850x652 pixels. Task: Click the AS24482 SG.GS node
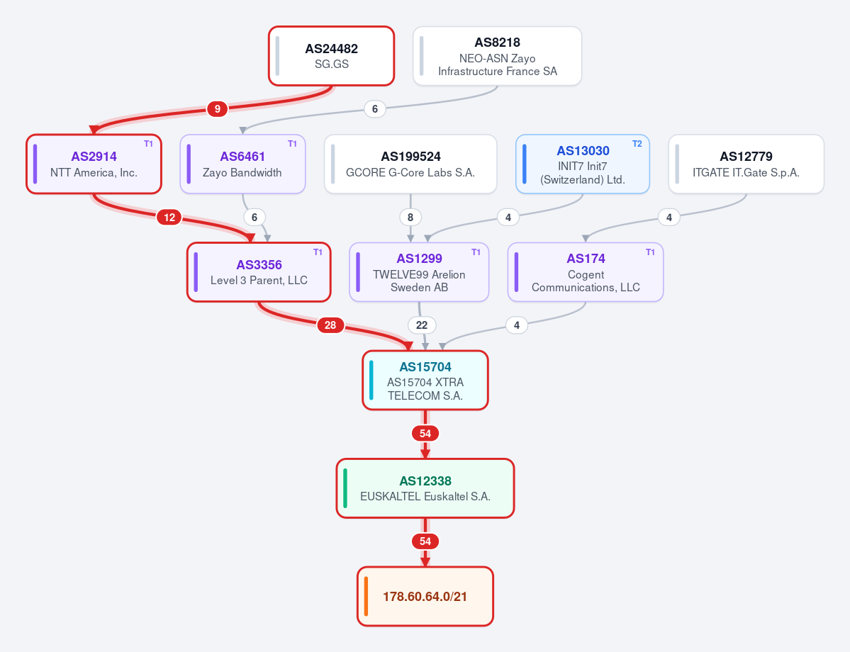[x=331, y=56]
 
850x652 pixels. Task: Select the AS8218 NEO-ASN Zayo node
[x=497, y=56]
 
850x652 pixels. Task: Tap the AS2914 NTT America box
[x=94, y=164]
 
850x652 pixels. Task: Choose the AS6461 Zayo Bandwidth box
[x=242, y=164]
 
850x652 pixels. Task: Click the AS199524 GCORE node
[x=410, y=164]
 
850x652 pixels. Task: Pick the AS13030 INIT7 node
[x=583, y=164]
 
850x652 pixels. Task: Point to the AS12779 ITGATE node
[x=746, y=164]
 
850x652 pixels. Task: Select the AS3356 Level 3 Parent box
[x=259, y=272]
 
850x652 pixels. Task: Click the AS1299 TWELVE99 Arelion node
[x=419, y=272]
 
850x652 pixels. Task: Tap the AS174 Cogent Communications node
[x=586, y=272]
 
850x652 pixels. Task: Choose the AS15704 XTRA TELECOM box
[x=425, y=381]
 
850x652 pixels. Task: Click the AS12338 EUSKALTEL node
[x=425, y=488]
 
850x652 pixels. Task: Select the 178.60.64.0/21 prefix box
[x=425, y=596]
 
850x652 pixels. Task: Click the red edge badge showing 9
[x=218, y=109]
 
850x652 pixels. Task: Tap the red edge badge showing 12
[x=169, y=218]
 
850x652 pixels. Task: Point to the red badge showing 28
[x=330, y=325]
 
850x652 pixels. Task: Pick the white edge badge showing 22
[x=422, y=325]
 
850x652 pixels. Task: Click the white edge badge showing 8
[x=410, y=218]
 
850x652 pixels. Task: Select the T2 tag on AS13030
[x=637, y=144]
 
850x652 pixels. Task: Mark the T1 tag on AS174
[x=650, y=252]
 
